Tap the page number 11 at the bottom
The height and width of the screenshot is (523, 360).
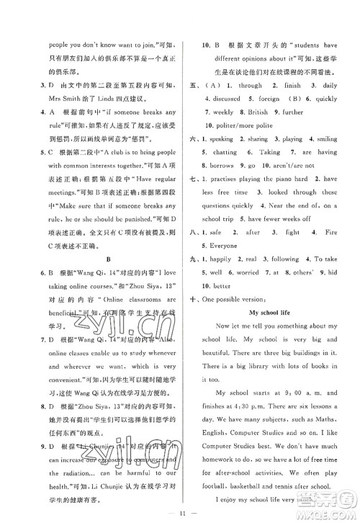pos(180,512)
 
